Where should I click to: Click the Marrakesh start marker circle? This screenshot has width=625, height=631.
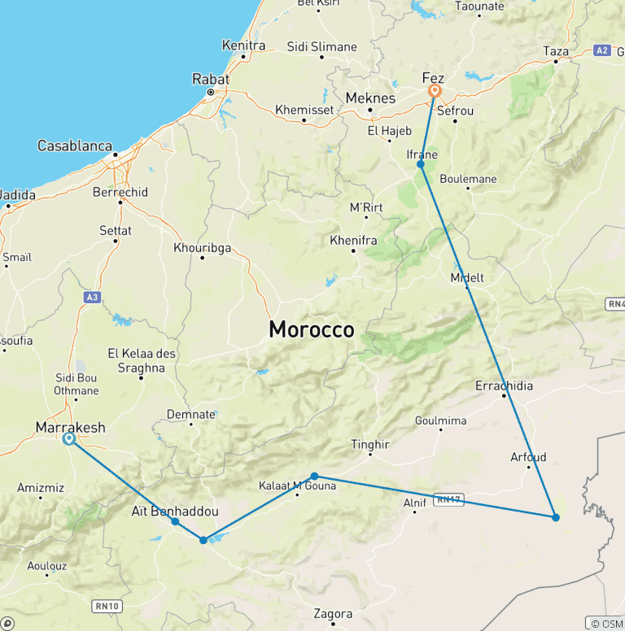69,439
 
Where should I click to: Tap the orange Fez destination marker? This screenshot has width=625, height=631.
435,90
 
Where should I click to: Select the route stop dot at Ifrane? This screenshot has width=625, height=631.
421,164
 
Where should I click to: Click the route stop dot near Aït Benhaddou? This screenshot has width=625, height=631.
175,521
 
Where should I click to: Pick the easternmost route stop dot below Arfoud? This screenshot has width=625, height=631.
555,517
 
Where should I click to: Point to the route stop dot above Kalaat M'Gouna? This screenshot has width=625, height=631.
314,477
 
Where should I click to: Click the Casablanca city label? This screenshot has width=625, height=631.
75,146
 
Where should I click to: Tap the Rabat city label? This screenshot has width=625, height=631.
210,80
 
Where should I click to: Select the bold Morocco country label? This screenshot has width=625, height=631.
312,329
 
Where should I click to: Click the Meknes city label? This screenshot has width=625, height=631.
370,98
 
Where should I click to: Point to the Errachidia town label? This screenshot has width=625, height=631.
505,385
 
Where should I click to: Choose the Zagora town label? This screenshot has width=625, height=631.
334,614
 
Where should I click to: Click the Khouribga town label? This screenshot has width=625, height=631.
203,248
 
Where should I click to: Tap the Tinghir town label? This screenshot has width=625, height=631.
370,445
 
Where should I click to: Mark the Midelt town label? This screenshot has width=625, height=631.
467,277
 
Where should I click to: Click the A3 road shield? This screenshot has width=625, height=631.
90,298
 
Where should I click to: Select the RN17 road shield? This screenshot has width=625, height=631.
448,499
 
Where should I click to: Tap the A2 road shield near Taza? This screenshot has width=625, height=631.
601,50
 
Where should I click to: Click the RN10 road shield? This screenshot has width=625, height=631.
107,605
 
